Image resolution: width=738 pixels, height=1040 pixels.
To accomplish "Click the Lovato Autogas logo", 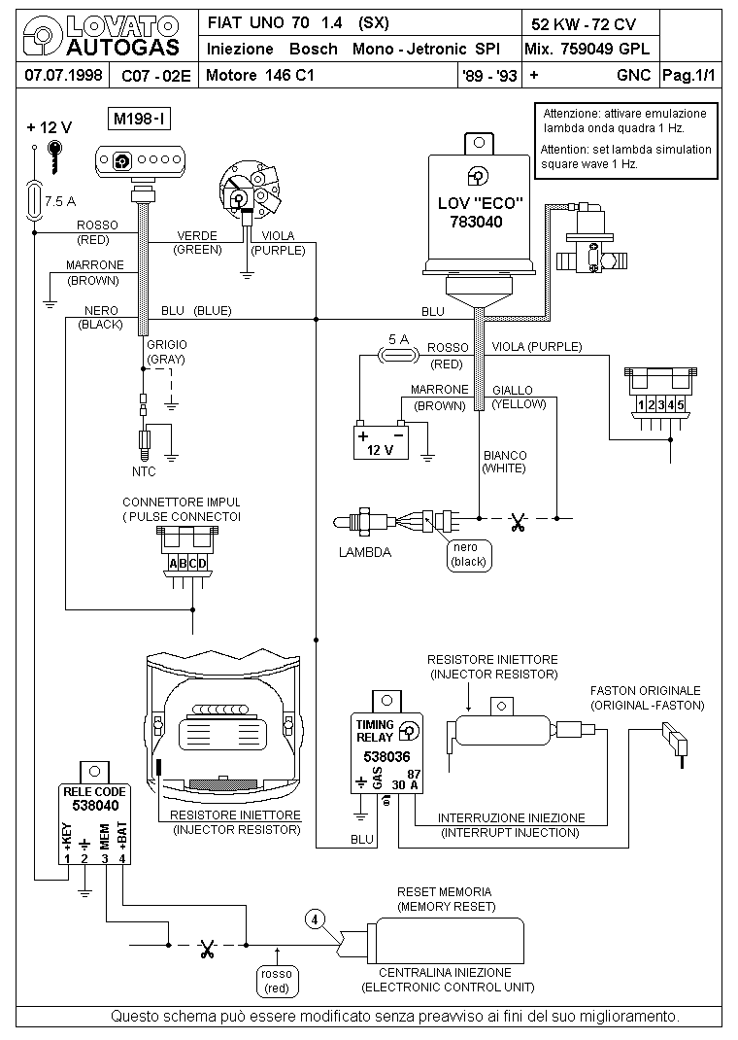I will click(101, 37).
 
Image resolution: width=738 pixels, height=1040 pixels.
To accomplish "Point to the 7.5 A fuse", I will click(35, 202).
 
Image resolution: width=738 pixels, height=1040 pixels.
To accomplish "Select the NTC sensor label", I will click(144, 471).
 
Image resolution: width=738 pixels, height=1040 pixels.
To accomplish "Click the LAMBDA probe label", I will click(364, 552).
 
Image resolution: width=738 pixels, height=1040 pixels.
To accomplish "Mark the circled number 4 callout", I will click(314, 918).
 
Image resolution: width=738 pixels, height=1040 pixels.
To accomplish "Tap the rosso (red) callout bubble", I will click(277, 981).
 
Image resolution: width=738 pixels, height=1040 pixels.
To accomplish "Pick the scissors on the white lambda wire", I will click(517, 521).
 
